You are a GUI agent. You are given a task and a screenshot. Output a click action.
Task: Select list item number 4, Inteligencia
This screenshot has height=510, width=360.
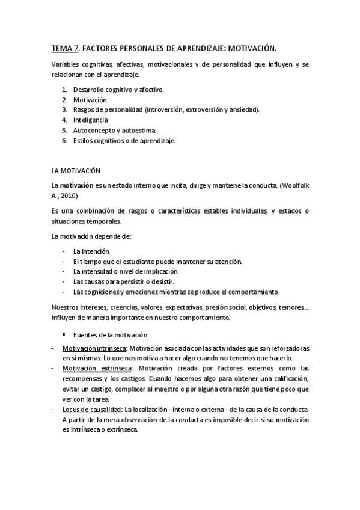pyautogui.click(x=91, y=120)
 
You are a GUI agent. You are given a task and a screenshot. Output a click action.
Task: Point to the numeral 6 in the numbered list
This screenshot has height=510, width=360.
pyautogui.click(x=64, y=140)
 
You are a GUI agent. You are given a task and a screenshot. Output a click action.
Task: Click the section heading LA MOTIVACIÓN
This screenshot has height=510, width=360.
pyautogui.click(x=76, y=171)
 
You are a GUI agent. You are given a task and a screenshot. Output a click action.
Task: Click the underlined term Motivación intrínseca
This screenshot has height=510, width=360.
pyautogui.click(x=94, y=348)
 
